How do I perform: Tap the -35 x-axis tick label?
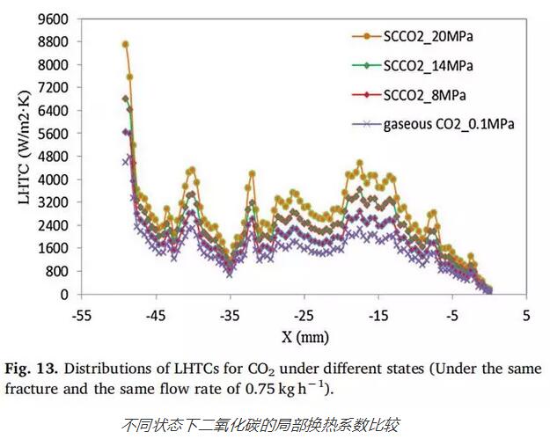230,313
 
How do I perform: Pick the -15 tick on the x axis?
378,313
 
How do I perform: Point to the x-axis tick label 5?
526,313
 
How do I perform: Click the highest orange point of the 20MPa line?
126,44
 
